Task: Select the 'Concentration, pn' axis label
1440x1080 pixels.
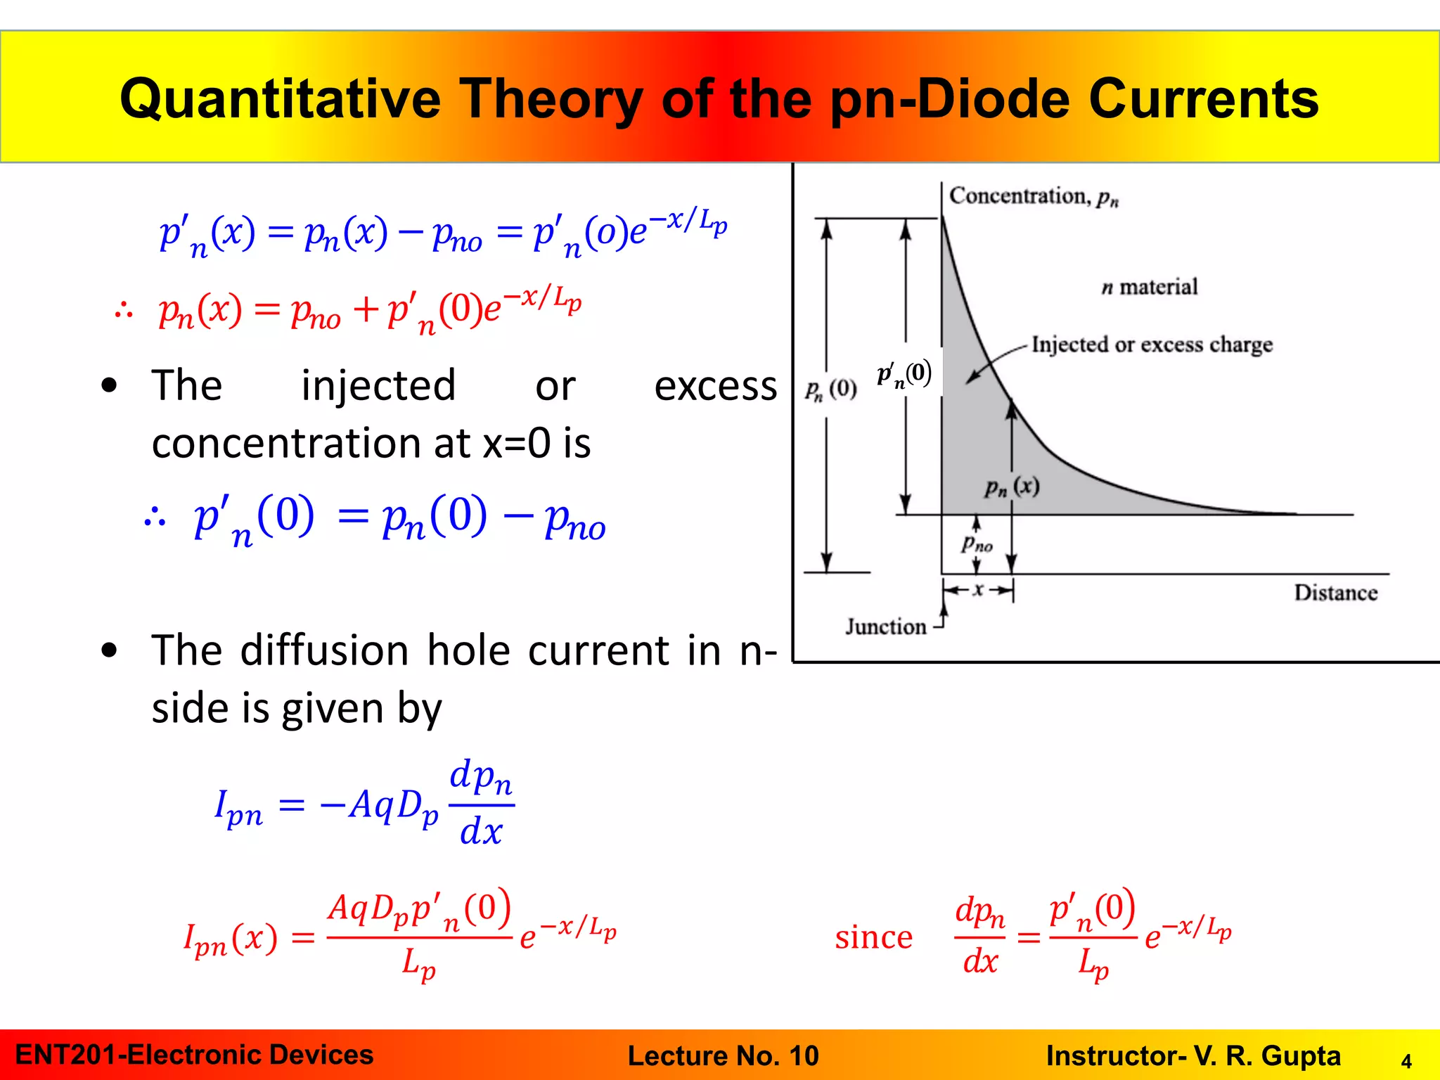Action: pyautogui.click(x=1033, y=196)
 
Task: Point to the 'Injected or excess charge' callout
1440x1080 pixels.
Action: pyautogui.click(x=1152, y=345)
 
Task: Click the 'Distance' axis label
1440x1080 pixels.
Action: pyautogui.click(x=1335, y=593)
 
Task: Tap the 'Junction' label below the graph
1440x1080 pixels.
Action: pyautogui.click(x=885, y=626)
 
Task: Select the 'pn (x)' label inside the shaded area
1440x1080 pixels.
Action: pyautogui.click(x=1012, y=487)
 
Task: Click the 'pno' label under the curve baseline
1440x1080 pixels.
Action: pyautogui.click(x=977, y=544)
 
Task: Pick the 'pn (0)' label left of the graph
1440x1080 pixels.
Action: pyautogui.click(x=830, y=389)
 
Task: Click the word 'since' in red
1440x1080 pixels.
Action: pyautogui.click(x=873, y=937)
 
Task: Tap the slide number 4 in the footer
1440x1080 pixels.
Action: pyautogui.click(x=1406, y=1061)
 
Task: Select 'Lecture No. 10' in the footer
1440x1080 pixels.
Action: pyautogui.click(x=723, y=1055)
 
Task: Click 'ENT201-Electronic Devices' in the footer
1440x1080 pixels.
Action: pyautogui.click(x=194, y=1055)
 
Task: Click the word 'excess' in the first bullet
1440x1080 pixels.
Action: pyautogui.click(x=715, y=386)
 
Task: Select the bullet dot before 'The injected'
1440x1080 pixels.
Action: pyautogui.click(x=109, y=385)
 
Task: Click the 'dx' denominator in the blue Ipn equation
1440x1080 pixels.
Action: pyautogui.click(x=481, y=832)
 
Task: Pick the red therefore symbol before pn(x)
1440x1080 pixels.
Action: pyautogui.click(x=124, y=310)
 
